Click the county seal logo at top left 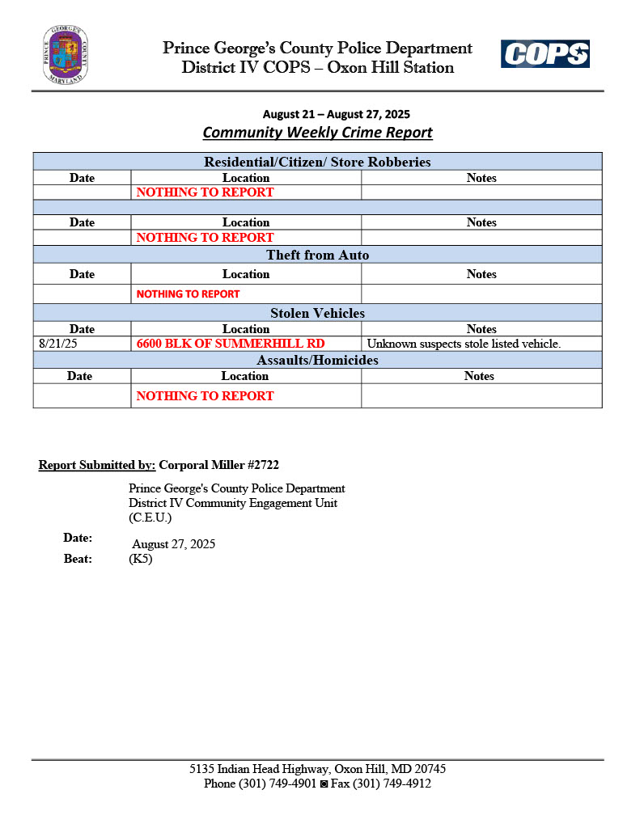pyautogui.click(x=66, y=55)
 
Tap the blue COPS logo pyautogui.click(x=545, y=54)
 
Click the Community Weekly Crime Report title pyautogui.click(x=317, y=133)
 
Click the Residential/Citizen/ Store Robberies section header pyautogui.click(x=317, y=162)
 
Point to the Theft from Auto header pyautogui.click(x=317, y=255)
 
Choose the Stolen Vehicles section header pyautogui.click(x=317, y=313)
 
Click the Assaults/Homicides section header pyautogui.click(x=317, y=360)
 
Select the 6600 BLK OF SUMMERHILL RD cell pyautogui.click(x=231, y=344)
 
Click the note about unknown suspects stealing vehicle pyautogui.click(x=464, y=344)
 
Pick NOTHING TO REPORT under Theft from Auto pyautogui.click(x=188, y=294)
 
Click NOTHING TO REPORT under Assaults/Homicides pyautogui.click(x=205, y=395)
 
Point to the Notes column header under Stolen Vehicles pyautogui.click(x=481, y=329)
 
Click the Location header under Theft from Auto pyautogui.click(x=246, y=274)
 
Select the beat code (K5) pyautogui.click(x=140, y=559)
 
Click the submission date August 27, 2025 pyautogui.click(x=173, y=544)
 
